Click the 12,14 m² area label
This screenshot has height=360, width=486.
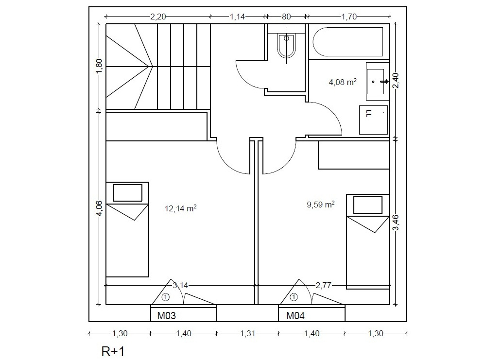[180, 208]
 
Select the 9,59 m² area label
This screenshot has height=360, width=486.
[320, 204]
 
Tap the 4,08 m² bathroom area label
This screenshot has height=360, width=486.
[343, 82]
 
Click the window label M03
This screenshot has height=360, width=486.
[166, 316]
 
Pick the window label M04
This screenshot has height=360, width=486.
[295, 316]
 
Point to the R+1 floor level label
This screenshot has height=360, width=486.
[113, 352]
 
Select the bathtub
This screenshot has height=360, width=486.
[348, 42]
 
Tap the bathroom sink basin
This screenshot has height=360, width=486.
[375, 82]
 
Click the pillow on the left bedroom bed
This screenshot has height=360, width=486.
[127, 193]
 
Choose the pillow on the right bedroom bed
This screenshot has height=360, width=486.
[367, 205]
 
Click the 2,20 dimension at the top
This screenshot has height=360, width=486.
[158, 17]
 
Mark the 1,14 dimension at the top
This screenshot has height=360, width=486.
[237, 17]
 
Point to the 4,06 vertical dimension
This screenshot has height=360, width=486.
[99, 208]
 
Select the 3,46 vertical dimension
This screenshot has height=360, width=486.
[396, 223]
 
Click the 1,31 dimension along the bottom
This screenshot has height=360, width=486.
[248, 333]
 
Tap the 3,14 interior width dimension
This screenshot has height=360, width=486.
[180, 285]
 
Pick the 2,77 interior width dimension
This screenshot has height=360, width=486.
[324, 285]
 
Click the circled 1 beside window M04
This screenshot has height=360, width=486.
[294, 297]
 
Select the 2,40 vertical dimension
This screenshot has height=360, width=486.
[396, 81]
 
